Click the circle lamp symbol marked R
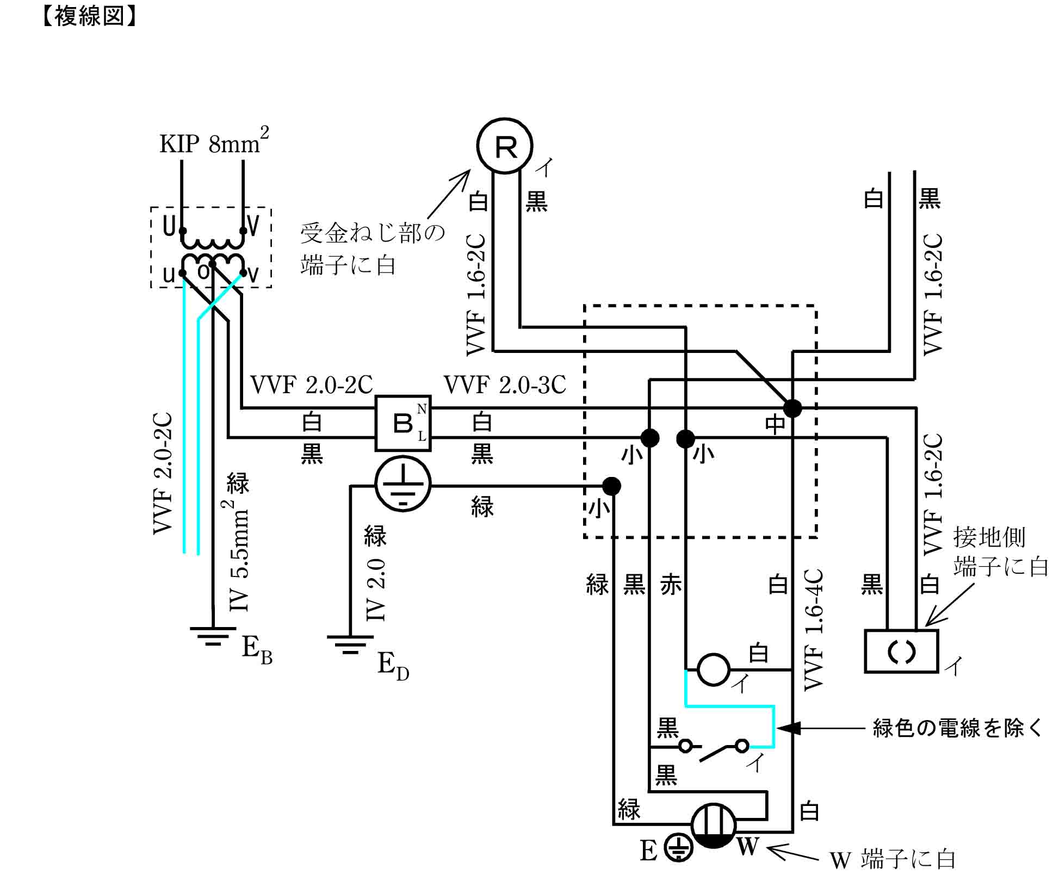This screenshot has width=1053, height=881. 504,146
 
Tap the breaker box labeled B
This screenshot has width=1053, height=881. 403,423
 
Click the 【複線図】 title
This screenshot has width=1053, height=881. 89,16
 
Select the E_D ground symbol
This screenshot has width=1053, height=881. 350,644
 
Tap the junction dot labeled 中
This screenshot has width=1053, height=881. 792,407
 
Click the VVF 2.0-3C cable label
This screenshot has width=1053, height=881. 505,385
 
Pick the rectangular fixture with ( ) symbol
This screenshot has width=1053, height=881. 901,651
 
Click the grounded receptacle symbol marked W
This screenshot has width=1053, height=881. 713,826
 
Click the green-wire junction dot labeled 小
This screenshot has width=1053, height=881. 611,486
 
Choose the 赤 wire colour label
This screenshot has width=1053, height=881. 671,585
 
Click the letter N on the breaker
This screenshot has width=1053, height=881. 422,409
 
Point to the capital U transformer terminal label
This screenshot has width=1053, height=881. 169,226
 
